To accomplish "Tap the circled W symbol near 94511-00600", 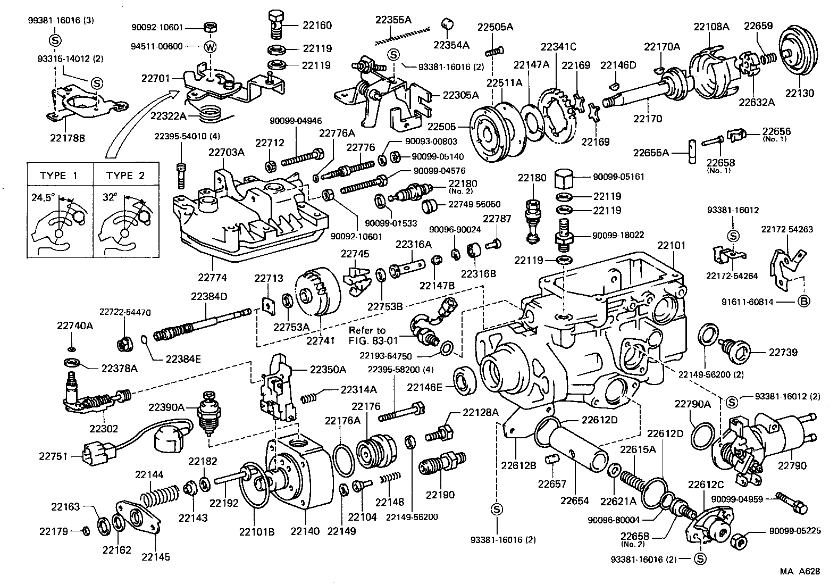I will pyautogui.click(x=211, y=46).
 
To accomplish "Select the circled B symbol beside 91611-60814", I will pyautogui.click(x=804, y=302).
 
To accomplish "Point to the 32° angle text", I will pyautogui.click(x=110, y=197).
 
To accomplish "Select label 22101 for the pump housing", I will pyautogui.click(x=671, y=246).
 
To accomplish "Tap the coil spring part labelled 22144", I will pyautogui.click(x=160, y=497).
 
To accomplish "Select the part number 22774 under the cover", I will pyautogui.click(x=212, y=277).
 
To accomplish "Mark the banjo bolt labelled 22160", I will pyautogui.click(x=274, y=24).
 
